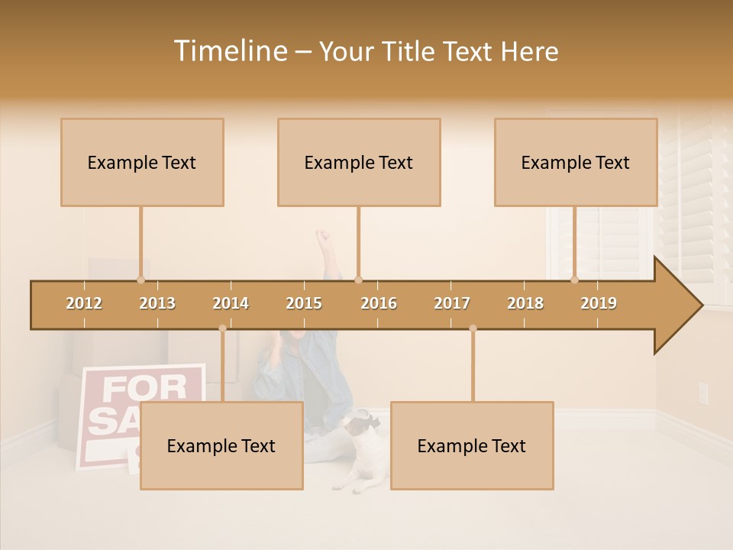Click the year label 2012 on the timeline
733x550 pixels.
click(84, 303)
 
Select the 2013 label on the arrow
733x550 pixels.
click(157, 303)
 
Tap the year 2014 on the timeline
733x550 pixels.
click(231, 303)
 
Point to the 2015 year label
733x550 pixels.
click(304, 303)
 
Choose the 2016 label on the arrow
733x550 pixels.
click(379, 303)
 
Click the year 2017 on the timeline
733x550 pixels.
click(452, 303)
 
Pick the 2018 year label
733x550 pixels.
click(525, 303)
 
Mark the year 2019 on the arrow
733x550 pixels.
click(599, 303)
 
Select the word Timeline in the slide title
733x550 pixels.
click(229, 51)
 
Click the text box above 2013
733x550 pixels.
click(142, 162)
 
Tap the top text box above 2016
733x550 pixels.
click(359, 162)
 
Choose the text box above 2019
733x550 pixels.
click(576, 162)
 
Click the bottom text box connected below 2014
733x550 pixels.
click(221, 445)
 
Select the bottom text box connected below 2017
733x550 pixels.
click(472, 445)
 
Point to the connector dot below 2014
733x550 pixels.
click(222, 328)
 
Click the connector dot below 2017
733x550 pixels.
click(473, 328)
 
